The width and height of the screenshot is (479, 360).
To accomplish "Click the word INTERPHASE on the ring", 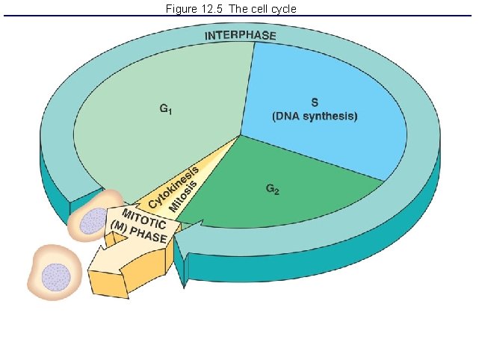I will tap(240, 35).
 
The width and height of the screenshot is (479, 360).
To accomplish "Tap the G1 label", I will tap(167, 109).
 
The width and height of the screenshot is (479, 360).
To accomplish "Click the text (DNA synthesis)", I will tap(315, 117).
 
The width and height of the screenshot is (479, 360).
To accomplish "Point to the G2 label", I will tap(273, 189).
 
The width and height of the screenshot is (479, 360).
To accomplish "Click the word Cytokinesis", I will tap(173, 187).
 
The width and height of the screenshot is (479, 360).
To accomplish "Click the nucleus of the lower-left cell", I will tap(55, 278).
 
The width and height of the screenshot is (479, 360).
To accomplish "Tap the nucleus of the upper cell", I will tap(94, 222).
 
